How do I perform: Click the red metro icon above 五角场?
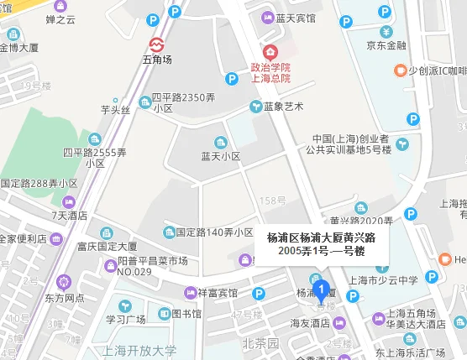pos(156,44)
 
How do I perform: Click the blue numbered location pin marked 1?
pos(319,288)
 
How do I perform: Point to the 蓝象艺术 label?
pos(281,106)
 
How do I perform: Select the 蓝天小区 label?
pos(221,156)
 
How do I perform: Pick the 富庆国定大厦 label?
pos(107,247)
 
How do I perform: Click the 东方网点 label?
pos(64,297)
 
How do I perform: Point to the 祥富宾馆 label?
pos(218,293)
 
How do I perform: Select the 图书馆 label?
pos(186,314)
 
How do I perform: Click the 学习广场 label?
pos(125,319)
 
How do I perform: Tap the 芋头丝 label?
pos(116,109)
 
